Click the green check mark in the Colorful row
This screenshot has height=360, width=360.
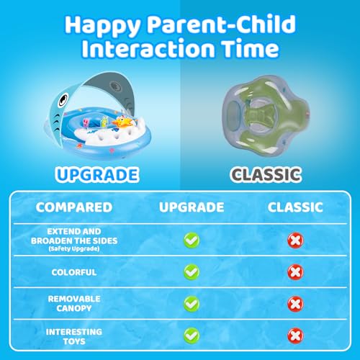tap(192, 272)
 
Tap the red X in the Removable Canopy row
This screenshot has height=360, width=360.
tap(295, 304)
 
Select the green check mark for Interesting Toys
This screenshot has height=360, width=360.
tap(192, 336)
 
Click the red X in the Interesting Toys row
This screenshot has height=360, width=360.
tap(295, 336)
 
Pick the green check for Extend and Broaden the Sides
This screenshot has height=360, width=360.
tap(192, 240)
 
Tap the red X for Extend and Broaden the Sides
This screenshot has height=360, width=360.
tap(295, 240)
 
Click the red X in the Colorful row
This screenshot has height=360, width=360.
tap(295, 272)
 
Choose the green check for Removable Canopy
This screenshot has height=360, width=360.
tap(192, 304)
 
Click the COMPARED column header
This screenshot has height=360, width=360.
tap(74, 207)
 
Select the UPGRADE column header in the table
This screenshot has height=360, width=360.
tap(192, 207)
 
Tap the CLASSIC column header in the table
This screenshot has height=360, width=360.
tap(295, 207)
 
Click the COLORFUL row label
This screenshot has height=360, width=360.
tap(74, 272)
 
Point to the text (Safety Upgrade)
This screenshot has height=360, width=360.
tap(74, 248)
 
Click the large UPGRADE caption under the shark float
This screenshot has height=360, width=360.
tap(97, 174)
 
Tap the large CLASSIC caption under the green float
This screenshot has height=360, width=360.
tap(266, 174)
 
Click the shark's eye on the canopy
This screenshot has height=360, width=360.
tap(63, 99)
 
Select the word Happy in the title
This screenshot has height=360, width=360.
tap(102, 26)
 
